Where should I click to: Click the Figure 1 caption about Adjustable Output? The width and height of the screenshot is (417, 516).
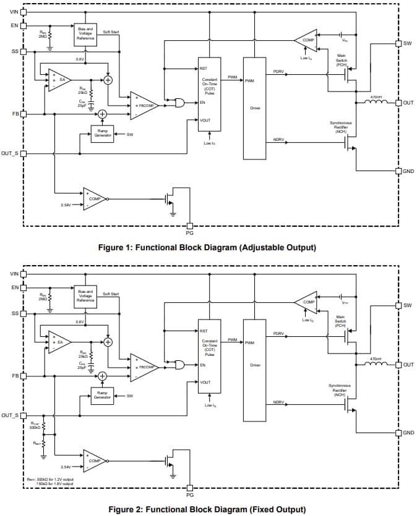click(x=207, y=248)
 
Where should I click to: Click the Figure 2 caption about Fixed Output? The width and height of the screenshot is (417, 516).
click(x=207, y=510)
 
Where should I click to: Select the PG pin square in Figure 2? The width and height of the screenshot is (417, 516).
click(x=190, y=488)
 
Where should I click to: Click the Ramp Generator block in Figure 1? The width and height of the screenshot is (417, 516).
click(x=102, y=133)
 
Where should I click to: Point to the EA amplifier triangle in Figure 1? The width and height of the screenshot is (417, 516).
click(x=59, y=80)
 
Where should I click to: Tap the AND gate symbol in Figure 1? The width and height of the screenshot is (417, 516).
click(x=181, y=103)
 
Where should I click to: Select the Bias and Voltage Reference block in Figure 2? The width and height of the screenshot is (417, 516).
click(x=85, y=297)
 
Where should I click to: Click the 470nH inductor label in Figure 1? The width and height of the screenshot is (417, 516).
click(x=376, y=97)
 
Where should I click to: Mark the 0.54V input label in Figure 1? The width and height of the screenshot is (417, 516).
click(x=67, y=205)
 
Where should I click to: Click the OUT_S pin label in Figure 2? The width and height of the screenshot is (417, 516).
click(x=10, y=415)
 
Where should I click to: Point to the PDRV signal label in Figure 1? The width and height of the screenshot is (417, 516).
click(x=278, y=72)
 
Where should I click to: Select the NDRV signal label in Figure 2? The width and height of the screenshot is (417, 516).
click(x=278, y=402)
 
